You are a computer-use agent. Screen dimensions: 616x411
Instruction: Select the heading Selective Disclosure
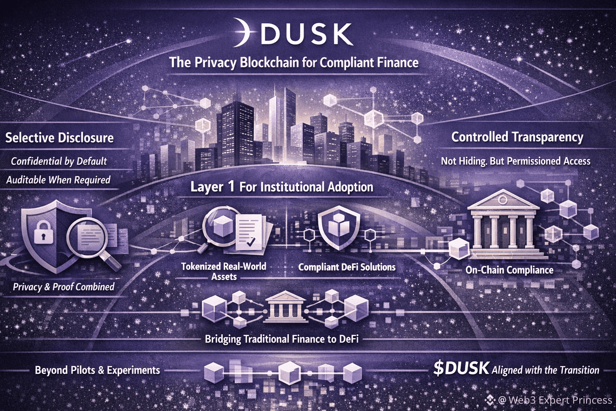59,138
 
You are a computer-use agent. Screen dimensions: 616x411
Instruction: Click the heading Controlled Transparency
517,137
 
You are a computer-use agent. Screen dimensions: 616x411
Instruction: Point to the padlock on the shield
43,231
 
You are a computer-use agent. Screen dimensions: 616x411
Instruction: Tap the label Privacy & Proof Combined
64,287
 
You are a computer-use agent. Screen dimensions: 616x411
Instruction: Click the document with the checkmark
251,232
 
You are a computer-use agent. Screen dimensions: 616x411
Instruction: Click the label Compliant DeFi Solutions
347,267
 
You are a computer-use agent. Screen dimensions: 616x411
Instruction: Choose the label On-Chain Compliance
509,270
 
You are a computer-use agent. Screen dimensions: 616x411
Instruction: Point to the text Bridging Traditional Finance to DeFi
282,339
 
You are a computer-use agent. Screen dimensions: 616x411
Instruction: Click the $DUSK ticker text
461,368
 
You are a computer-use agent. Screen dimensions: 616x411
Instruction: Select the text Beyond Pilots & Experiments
97,371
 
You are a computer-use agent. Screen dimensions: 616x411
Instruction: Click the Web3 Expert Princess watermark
555,400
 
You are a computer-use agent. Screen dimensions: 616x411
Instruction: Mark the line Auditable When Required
58,180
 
